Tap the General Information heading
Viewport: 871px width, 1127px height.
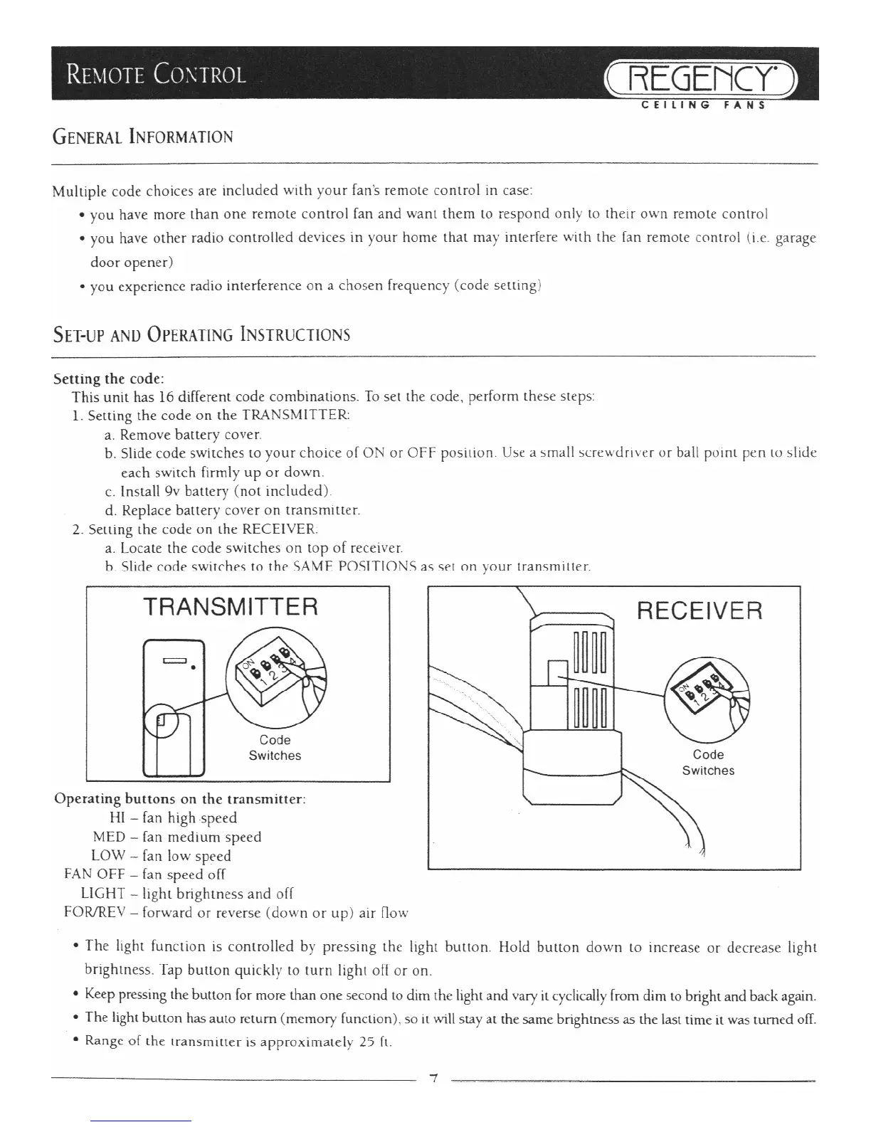click(x=142, y=137)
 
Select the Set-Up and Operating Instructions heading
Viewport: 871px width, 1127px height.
click(x=201, y=334)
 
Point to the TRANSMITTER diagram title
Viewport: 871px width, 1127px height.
click(x=230, y=607)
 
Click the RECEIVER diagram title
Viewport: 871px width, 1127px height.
click(x=699, y=610)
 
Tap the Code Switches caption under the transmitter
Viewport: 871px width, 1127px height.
click(x=275, y=748)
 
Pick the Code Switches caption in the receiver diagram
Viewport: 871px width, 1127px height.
click(x=708, y=763)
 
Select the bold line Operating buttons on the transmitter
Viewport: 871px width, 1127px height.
click(x=180, y=798)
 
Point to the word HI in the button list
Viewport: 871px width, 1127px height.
click(x=117, y=818)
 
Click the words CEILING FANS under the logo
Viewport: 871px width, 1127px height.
click(x=702, y=106)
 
